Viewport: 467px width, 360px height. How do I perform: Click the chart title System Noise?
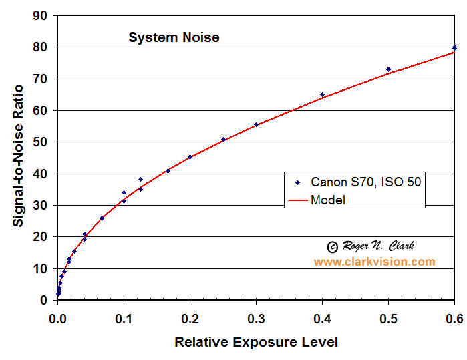tap(174, 37)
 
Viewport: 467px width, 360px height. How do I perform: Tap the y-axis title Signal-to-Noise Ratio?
tap(19, 155)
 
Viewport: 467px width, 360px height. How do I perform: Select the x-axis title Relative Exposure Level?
tap(256, 342)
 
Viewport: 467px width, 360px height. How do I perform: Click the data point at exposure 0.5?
tap(388, 69)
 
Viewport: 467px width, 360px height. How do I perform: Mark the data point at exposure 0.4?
tap(322, 95)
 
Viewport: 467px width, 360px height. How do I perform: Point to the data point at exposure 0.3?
tap(256, 124)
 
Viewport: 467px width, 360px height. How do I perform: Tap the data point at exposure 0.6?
tap(454, 47)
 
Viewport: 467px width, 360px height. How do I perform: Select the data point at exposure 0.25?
tap(223, 140)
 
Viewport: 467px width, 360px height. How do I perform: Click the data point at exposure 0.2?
tap(190, 157)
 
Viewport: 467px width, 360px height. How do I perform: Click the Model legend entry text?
tap(327, 200)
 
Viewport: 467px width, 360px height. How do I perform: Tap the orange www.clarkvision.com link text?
tap(374, 262)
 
